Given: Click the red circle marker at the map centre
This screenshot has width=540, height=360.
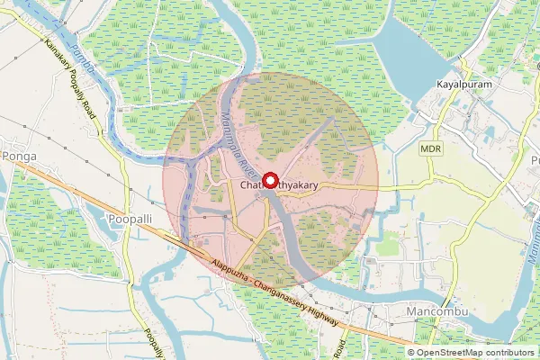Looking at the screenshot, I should point(270,180).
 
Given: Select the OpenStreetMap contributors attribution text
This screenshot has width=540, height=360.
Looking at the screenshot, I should point(476,352).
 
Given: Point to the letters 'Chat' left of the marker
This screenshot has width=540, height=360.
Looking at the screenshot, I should point(251,186).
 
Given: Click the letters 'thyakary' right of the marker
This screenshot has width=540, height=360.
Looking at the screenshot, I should point(300,186).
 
